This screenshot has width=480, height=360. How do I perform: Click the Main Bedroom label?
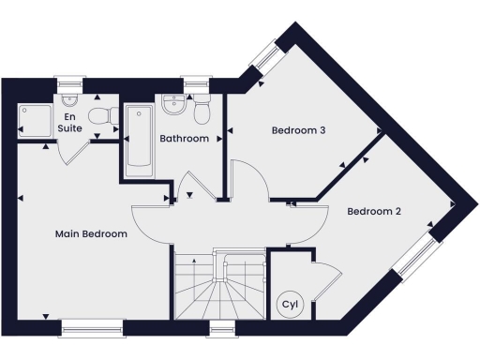pos(91,233)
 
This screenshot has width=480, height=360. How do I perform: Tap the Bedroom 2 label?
pos(374,212)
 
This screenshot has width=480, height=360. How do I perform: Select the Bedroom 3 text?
pos(298,130)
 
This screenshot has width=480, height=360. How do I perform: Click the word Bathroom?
pos(183,139)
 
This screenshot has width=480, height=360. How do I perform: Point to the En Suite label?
pos(68,122)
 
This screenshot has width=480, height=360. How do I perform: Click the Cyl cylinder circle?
pos(289,305)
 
